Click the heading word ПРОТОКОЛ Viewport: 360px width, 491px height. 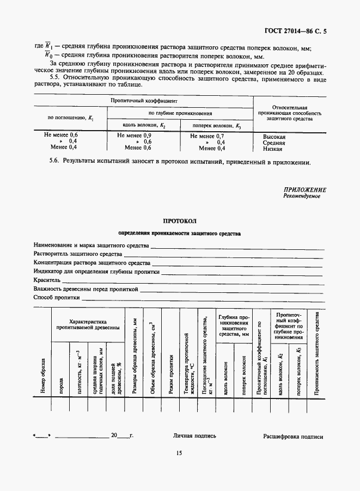(x=179, y=221)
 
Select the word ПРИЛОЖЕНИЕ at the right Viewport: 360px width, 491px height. (x=304, y=190)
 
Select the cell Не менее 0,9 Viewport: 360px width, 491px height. (x=135, y=135)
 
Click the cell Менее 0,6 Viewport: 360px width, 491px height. (x=138, y=148)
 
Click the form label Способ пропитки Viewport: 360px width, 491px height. (x=57, y=298)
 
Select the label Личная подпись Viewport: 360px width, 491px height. (x=194, y=436)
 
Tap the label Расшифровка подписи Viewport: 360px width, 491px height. (x=293, y=437)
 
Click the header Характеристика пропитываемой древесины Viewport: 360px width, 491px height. (x=88, y=325)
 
